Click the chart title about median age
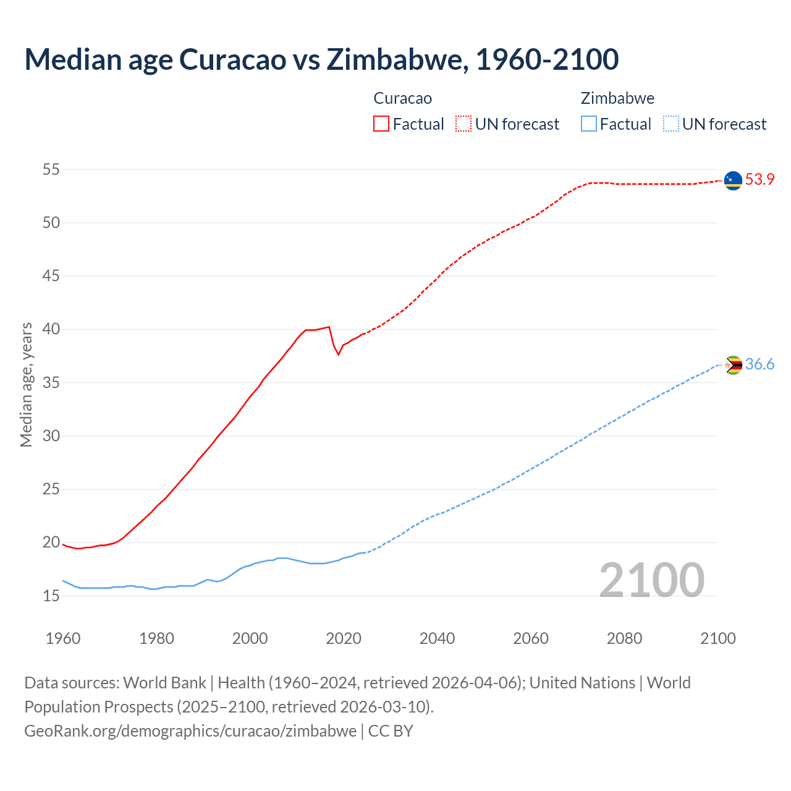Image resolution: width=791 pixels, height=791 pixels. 321,59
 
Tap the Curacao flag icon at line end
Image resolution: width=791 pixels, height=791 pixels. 733,180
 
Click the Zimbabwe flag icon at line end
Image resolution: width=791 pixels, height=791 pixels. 733,365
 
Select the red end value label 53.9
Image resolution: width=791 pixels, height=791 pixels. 759,180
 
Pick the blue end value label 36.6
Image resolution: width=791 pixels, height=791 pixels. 759,365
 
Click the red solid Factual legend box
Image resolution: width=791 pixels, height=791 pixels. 381,124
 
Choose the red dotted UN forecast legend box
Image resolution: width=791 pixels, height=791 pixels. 463,124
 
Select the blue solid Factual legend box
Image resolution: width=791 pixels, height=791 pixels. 589,124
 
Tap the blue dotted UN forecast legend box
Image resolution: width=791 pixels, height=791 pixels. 671,124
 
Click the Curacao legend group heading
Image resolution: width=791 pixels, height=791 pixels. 402,98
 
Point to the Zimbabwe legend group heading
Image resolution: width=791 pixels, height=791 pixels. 617,98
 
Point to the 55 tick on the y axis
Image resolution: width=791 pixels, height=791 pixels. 51,169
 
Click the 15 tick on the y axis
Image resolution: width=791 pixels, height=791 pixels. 51,596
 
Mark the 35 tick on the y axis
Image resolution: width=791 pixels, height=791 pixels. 51,383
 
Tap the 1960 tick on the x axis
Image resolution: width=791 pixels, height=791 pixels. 63,638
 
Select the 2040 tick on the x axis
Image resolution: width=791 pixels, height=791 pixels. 437,638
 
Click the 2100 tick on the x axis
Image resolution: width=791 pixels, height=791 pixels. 717,638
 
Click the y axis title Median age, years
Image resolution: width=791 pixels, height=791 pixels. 26,384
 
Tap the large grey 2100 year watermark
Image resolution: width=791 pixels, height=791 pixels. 651,580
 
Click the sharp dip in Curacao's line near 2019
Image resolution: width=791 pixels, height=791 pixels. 338,353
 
